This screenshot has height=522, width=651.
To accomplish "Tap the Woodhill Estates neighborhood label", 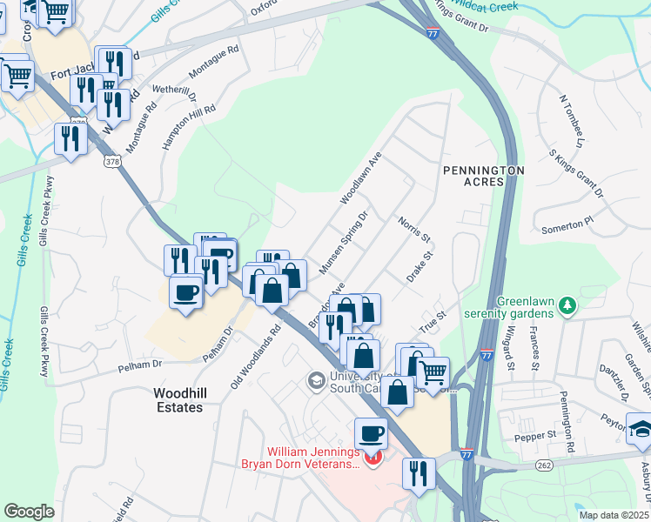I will (x=178, y=400).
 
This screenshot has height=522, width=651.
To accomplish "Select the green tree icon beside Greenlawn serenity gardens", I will (x=567, y=305).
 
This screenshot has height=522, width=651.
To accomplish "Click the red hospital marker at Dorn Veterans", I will (x=373, y=457).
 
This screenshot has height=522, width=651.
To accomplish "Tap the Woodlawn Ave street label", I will (x=361, y=178).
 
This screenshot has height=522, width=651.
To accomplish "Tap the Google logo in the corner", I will (x=29, y=512).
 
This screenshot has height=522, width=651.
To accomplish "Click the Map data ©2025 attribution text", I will (x=614, y=515).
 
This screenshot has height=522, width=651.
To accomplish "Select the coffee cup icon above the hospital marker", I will (x=371, y=432).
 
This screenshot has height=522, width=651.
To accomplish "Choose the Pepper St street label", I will (x=539, y=433).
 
